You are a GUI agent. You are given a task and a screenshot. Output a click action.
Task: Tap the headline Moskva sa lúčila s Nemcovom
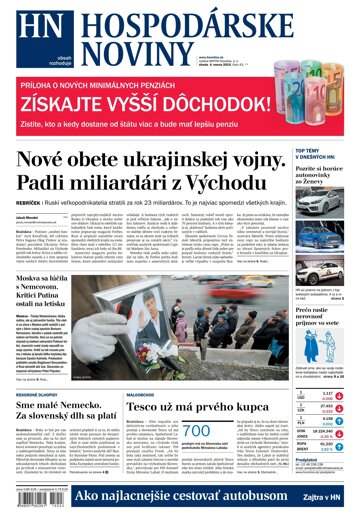tap(50, 257)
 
